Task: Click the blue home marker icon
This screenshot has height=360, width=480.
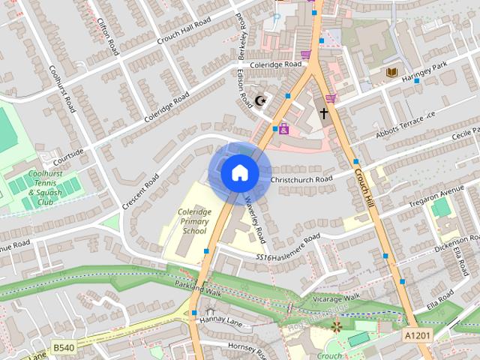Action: click(239, 173)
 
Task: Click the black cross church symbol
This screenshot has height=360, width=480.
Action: click(324, 114)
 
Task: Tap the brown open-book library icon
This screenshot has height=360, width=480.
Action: click(391, 73)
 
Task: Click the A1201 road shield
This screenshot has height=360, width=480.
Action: click(417, 334)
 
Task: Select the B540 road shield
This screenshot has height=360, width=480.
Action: click(64, 347)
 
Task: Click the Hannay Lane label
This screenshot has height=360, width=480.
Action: click(217, 320)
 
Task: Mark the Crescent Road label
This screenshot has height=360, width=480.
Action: click(142, 193)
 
